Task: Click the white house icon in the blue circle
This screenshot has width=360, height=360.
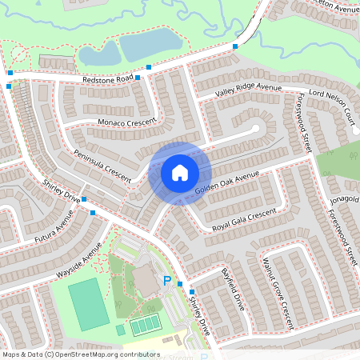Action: (180, 173)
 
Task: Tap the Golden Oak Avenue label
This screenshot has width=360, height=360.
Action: (228, 184)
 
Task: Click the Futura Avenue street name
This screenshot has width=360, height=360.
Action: (54, 227)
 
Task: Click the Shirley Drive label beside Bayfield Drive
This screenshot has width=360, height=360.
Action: (198, 314)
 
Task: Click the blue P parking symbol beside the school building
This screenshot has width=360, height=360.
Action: (168, 281)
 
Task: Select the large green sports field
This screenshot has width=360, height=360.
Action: (87, 305)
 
